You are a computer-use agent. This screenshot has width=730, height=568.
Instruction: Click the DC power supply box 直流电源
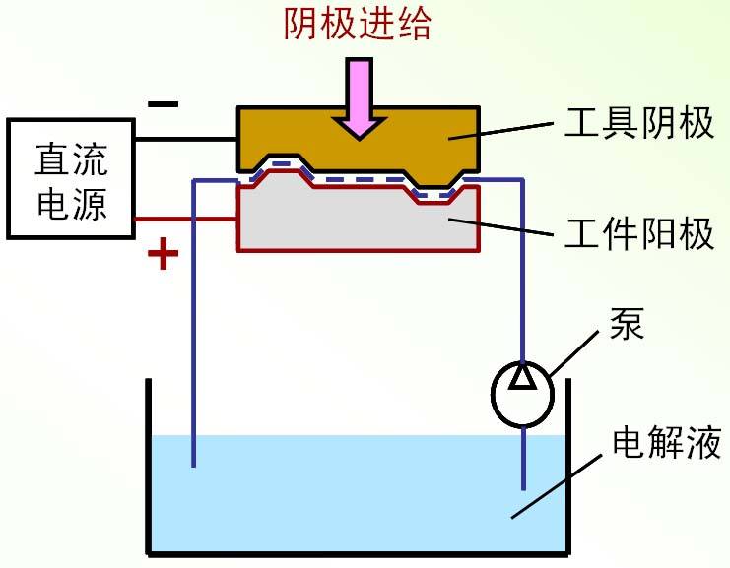click(x=70, y=179)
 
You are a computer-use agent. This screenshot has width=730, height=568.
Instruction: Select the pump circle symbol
click(x=523, y=392)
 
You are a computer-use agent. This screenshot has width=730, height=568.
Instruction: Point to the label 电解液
click(x=654, y=439)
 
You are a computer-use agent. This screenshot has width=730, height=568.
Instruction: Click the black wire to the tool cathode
click(x=186, y=139)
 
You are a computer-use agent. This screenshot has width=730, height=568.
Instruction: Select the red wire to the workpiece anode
click(x=186, y=219)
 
